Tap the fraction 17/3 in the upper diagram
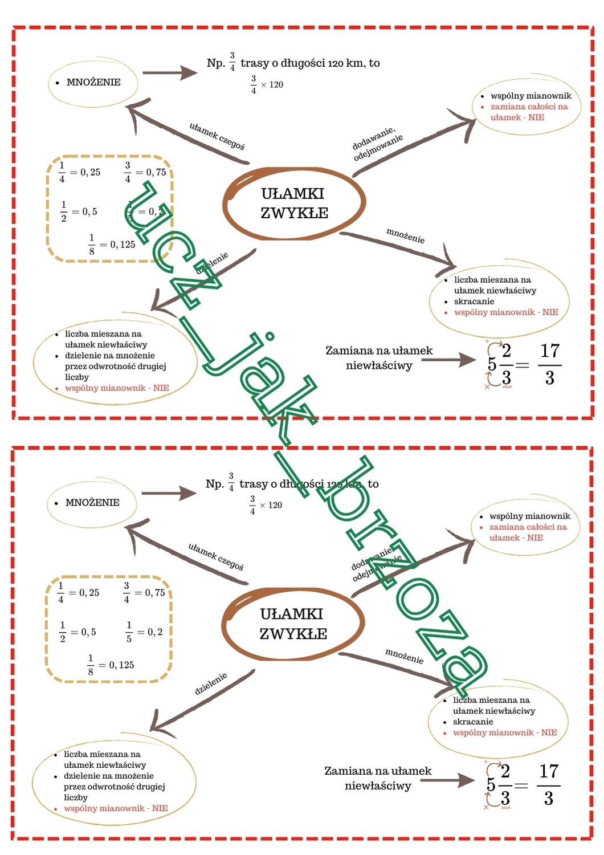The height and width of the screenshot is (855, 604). click(550, 364)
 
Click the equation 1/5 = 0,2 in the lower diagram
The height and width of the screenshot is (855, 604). click(144, 632)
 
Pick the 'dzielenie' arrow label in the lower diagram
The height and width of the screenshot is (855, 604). click(211, 683)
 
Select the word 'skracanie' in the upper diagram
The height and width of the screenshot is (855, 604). click(474, 302)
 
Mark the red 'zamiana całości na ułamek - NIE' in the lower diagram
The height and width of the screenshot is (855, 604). click(528, 532)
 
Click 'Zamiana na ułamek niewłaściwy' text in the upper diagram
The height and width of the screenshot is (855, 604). click(379, 358)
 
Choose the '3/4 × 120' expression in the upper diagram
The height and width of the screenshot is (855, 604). click(267, 84)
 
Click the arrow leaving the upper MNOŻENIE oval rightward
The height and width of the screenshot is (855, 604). click(169, 73)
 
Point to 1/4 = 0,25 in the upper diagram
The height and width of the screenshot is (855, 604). click(80, 172)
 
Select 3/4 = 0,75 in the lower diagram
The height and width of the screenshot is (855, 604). click(144, 593)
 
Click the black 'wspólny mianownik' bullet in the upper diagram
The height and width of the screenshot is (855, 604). click(530, 96)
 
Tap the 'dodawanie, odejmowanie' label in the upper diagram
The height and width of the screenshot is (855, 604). click(378, 146)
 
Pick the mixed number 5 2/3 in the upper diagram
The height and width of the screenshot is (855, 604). click(500, 364)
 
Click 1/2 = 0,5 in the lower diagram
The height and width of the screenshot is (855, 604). click(78, 632)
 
